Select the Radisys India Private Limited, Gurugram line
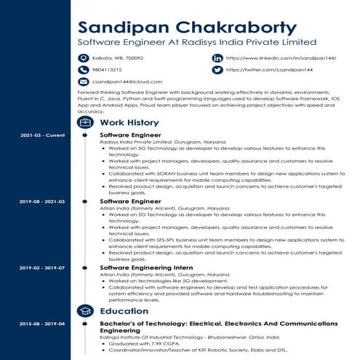pyautogui.click(x=162, y=142)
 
